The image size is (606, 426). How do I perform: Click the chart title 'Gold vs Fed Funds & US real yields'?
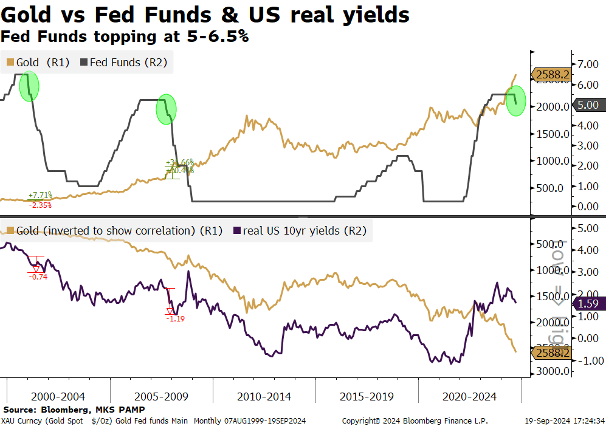pyautogui.click(x=205, y=15)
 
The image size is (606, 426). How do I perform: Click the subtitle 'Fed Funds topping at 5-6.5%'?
pyautogui.click(x=125, y=36)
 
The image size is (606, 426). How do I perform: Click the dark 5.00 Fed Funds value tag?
pyautogui.click(x=588, y=105)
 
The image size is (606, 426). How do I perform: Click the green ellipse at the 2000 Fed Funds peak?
pyautogui.click(x=29, y=87)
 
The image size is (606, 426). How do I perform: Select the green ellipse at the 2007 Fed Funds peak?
pyautogui.click(x=166, y=109)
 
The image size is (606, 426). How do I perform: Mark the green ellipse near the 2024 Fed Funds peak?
pyautogui.click(x=516, y=101)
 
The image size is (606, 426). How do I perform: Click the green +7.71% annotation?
pyautogui.click(x=40, y=196)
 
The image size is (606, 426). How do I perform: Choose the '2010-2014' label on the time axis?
pyautogui.click(x=264, y=397)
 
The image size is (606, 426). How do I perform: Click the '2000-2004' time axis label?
pyautogui.click(x=58, y=397)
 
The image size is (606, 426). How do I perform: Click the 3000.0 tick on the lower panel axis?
pyautogui.click(x=553, y=371)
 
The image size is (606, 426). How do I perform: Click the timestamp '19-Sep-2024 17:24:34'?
pyautogui.click(x=563, y=421)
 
